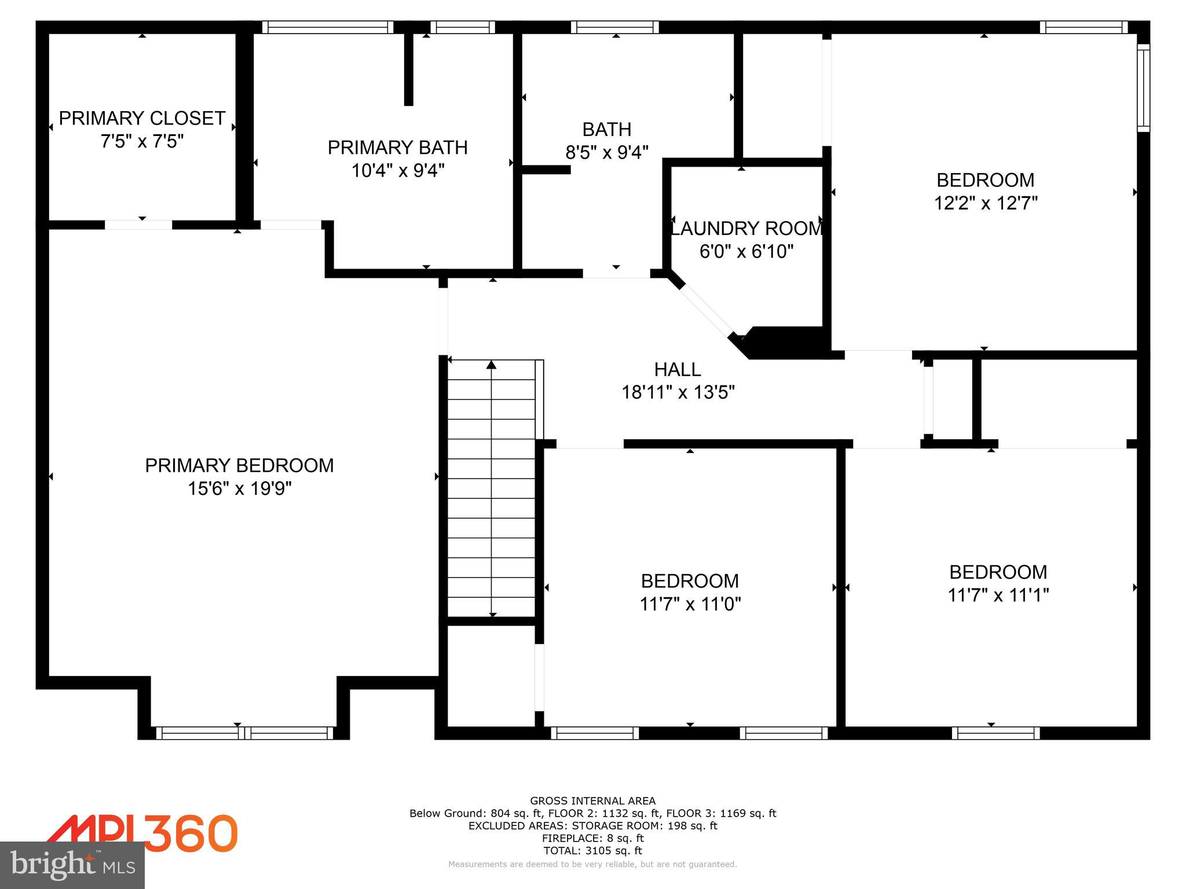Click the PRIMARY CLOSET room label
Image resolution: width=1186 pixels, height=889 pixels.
(142, 118)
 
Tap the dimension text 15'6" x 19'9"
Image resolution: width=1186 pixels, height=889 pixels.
(239, 489)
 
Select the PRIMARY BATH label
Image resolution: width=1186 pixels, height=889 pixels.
(397, 148)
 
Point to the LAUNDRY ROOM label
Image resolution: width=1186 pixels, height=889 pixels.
(746, 229)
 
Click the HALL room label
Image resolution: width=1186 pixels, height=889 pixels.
(678, 369)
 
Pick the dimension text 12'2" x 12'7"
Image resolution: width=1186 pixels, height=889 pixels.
(986, 204)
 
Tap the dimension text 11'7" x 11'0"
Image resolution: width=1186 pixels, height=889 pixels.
(690, 605)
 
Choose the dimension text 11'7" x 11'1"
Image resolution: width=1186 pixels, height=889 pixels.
(998, 596)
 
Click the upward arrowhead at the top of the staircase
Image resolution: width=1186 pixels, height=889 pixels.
(491, 365)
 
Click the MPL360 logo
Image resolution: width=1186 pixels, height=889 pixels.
(142, 833)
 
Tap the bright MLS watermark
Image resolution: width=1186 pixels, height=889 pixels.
(72, 865)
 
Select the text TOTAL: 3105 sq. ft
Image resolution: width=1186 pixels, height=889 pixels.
(592, 851)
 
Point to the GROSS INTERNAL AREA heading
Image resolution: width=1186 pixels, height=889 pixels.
(592, 801)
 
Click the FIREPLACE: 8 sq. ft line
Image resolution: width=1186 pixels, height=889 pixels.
(592, 838)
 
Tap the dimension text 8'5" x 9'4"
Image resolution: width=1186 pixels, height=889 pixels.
(606, 153)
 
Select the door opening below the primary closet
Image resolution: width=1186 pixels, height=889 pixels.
(138, 225)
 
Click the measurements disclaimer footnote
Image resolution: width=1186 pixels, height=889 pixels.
(592, 865)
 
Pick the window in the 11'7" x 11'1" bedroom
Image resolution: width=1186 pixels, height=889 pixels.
(995, 733)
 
